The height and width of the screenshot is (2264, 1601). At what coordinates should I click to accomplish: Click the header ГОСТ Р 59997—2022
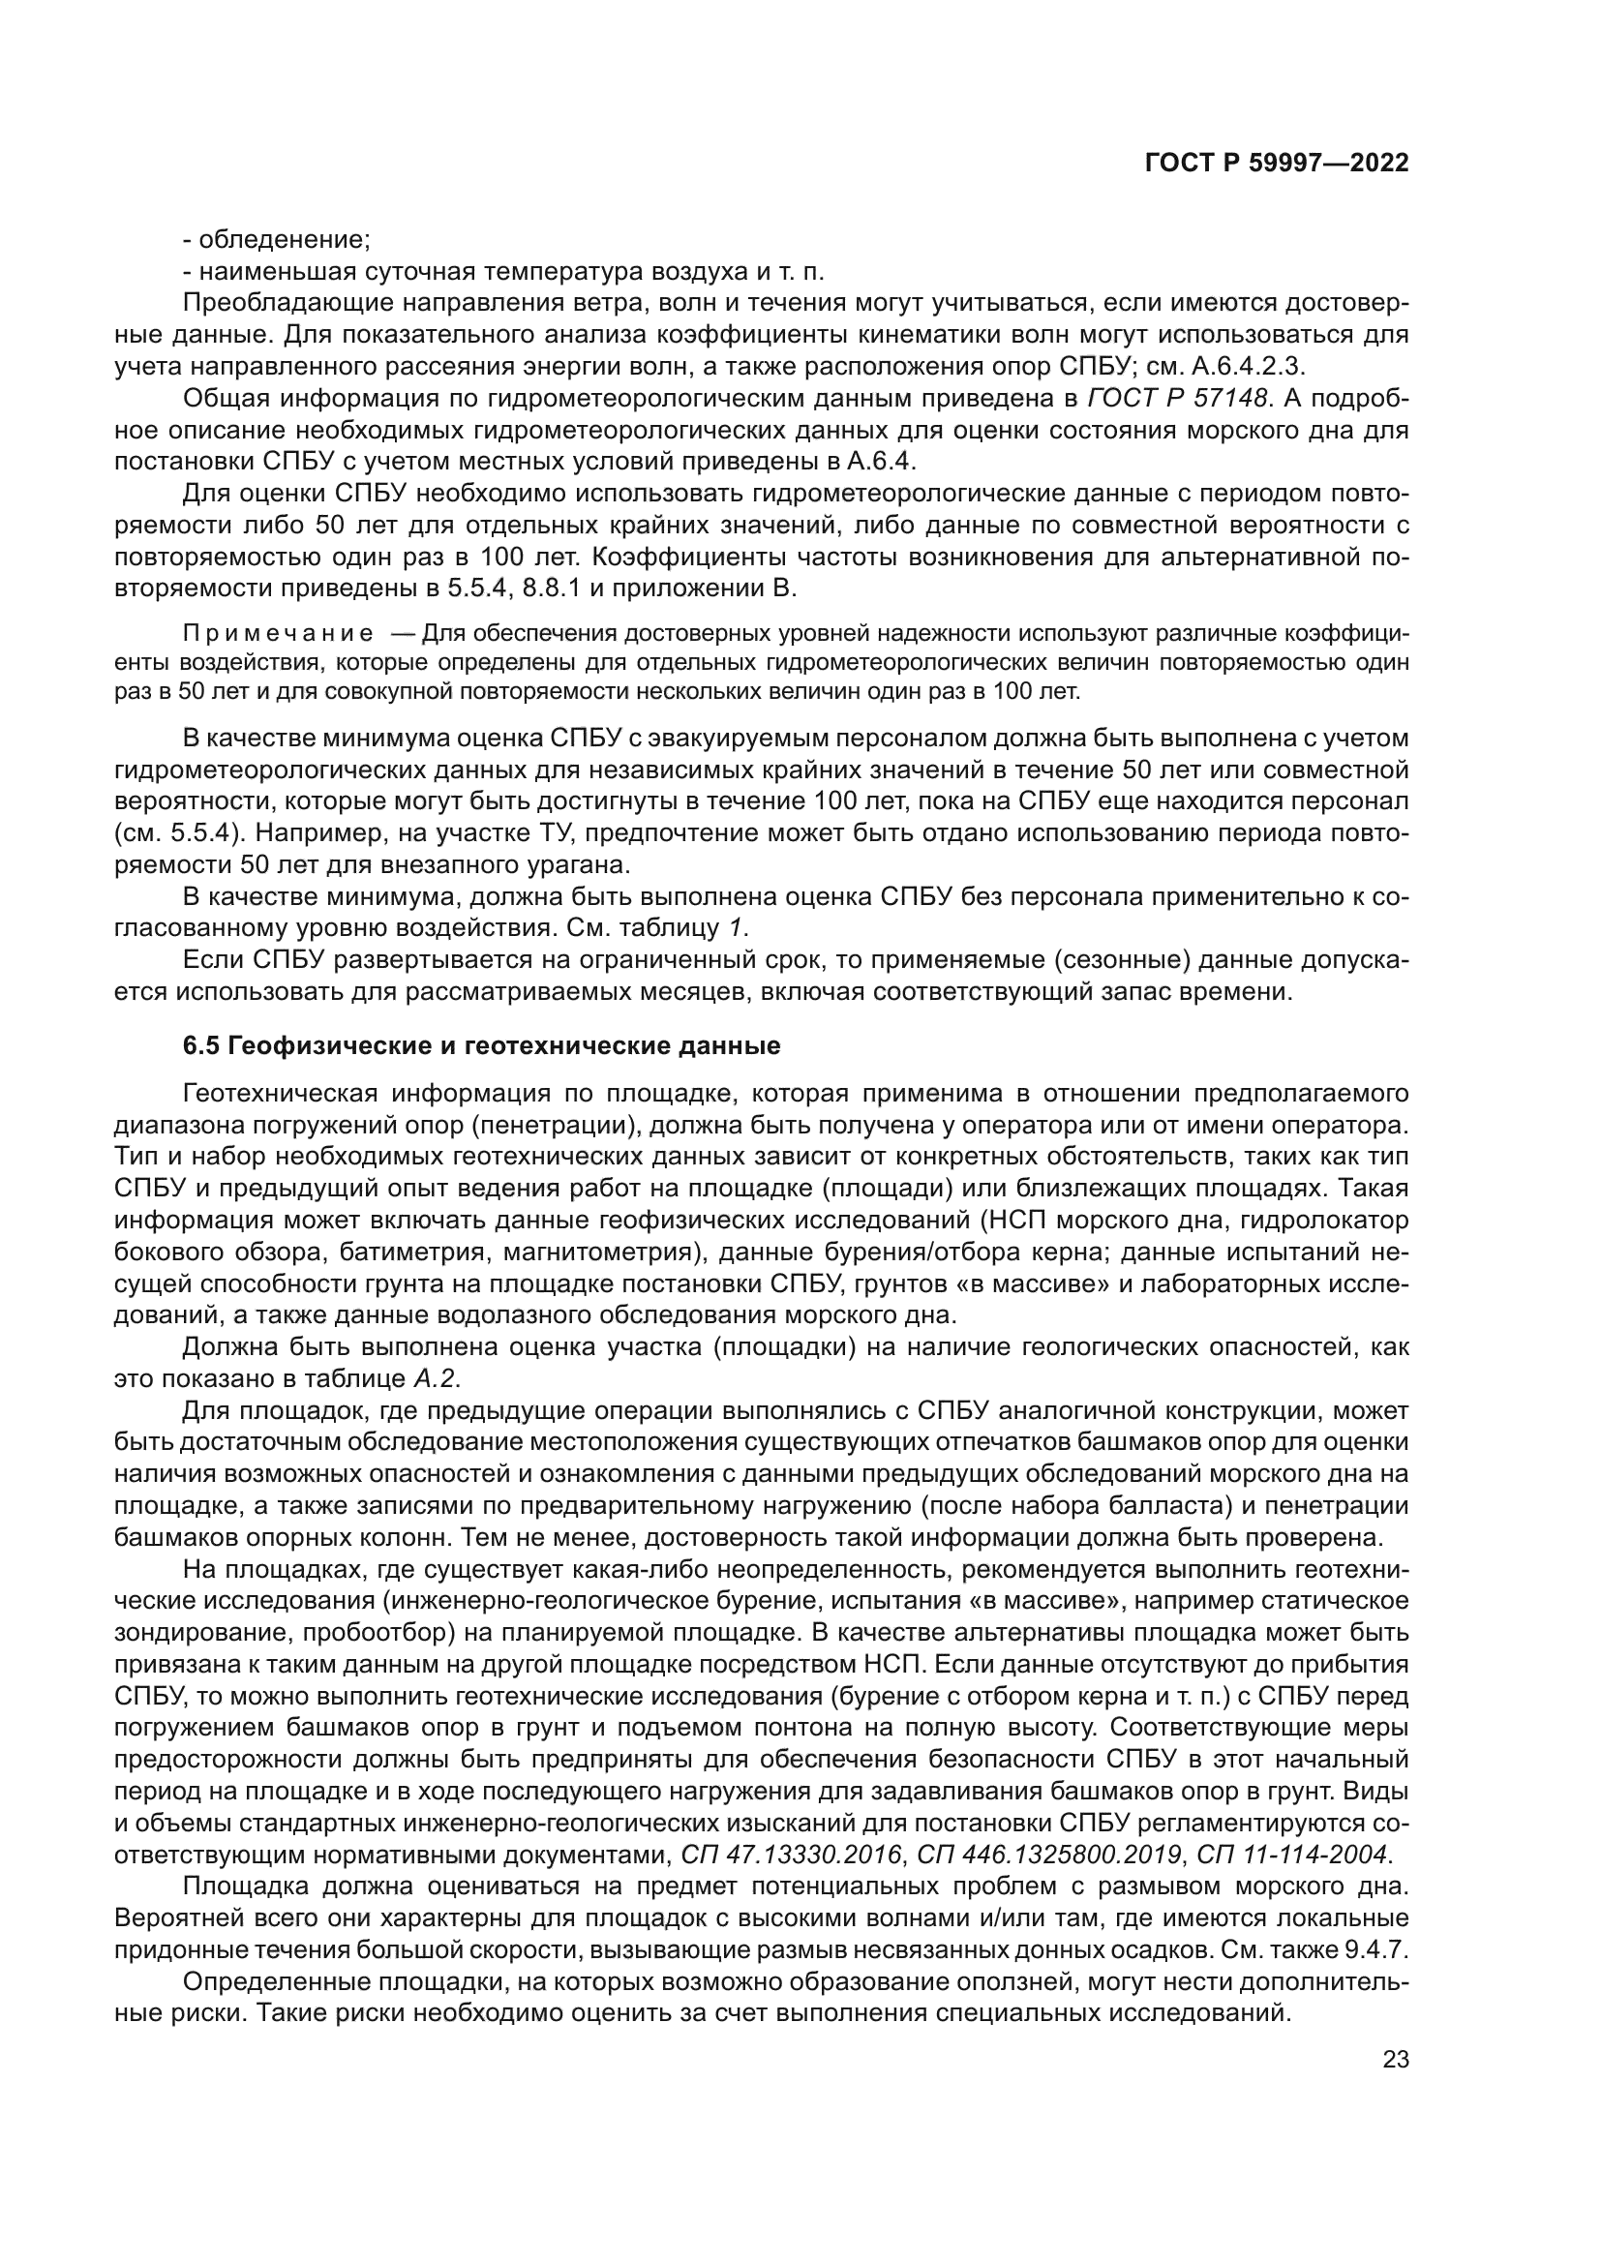[1276, 164]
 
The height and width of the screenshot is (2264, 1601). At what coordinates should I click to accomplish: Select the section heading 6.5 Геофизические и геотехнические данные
[481, 1045]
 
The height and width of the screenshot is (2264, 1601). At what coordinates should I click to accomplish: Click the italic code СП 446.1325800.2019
[1049, 1854]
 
